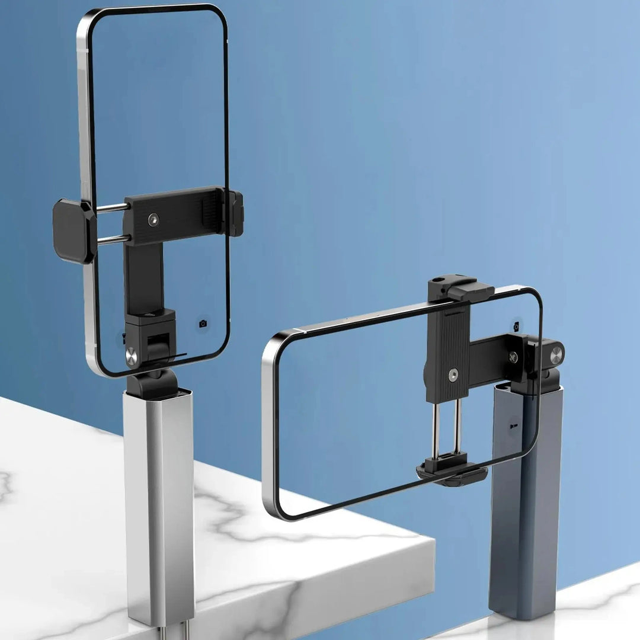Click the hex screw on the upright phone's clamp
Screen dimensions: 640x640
pos(153,219)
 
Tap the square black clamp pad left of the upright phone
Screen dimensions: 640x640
pos(73,231)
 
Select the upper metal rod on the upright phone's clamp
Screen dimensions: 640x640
pos(113,208)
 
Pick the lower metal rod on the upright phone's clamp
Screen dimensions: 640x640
pos(113,239)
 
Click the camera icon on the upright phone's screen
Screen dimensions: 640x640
pos(203,324)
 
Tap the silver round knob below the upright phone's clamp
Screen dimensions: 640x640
pos(131,356)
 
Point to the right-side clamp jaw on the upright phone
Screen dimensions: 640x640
pos(235,213)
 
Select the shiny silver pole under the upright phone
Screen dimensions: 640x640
pos(158,504)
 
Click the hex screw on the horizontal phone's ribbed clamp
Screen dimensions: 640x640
pos(453,375)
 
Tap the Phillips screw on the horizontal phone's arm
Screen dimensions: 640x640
pos(513,357)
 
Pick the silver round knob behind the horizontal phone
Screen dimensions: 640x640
pos(556,355)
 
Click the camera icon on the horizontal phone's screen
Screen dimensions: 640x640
pos(516,327)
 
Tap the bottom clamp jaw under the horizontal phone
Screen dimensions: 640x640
pos(452,472)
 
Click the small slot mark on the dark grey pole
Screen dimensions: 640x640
pos(513,425)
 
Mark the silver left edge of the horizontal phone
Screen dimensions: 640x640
pos(270,427)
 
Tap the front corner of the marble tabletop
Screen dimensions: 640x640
pos(433,542)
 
